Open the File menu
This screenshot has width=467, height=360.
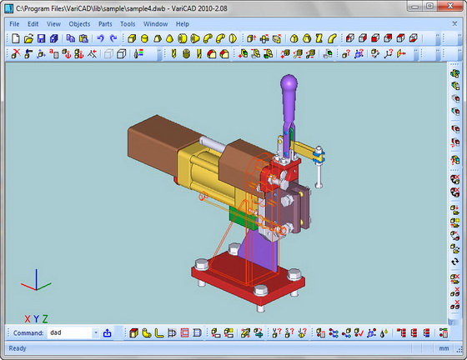pyautogui.click(x=14, y=24)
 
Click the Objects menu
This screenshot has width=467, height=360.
pyautogui.click(x=79, y=24)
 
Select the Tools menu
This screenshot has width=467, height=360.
pyautogui.click(x=128, y=24)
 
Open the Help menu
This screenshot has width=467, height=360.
pyautogui.click(x=183, y=24)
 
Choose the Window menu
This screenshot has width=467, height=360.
pyautogui.click(x=155, y=24)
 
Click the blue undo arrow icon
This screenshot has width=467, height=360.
pyautogui.click(x=100, y=38)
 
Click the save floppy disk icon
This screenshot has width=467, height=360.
pyautogui.click(x=41, y=38)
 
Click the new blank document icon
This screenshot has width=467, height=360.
pyautogui.click(x=16, y=38)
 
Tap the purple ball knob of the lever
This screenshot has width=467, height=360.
pyautogui.click(x=289, y=82)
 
